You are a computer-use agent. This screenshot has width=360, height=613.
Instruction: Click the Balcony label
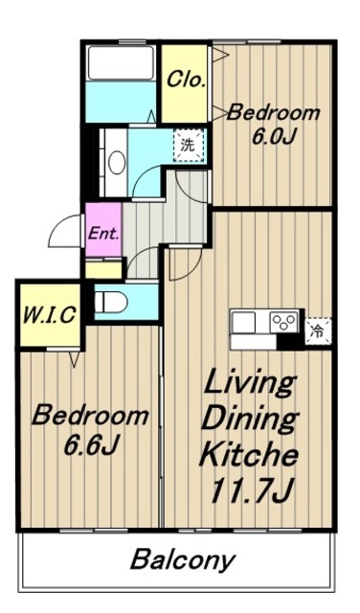click(x=183, y=560)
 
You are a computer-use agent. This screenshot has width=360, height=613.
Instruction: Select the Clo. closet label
click(x=186, y=79)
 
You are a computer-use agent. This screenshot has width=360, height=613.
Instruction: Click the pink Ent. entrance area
click(x=103, y=230)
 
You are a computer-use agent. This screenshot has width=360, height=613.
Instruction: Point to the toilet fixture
click(x=111, y=303)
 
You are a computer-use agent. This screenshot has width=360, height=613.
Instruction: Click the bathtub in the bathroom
click(x=121, y=62)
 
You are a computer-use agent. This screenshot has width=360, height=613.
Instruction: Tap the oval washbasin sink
click(x=117, y=163)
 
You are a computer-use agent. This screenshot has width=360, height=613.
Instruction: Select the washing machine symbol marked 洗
click(x=190, y=146)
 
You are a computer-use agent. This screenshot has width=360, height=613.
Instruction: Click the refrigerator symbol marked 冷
click(x=319, y=331)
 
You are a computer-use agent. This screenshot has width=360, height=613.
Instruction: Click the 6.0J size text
click(x=273, y=136)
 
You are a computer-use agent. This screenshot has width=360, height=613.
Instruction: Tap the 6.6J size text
click(x=90, y=445)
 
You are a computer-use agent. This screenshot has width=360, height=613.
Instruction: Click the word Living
click(x=250, y=383)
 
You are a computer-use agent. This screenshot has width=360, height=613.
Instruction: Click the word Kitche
click(x=249, y=455)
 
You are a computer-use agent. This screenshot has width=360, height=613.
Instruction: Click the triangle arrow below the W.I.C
click(x=75, y=359)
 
